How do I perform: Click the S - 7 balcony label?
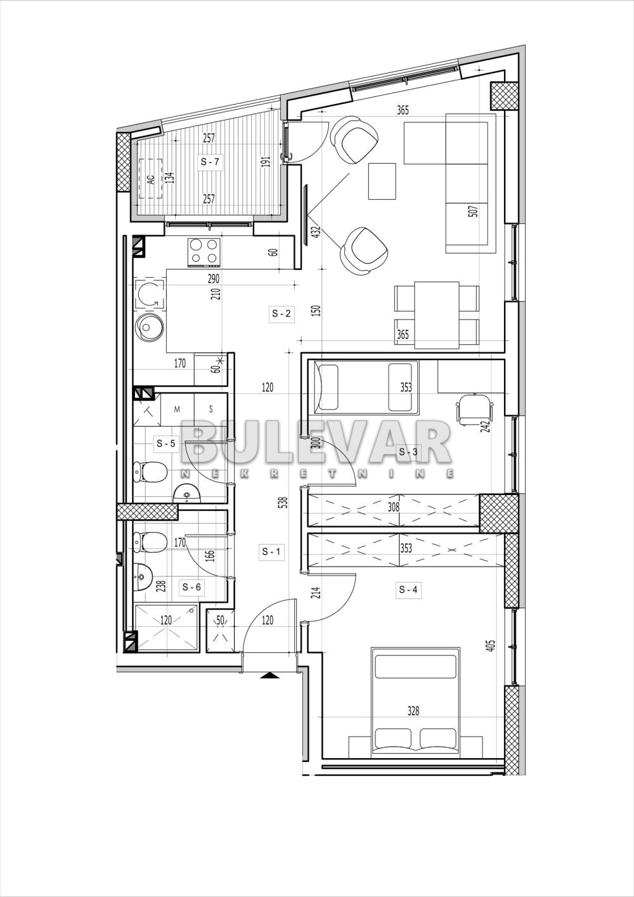click(210, 162)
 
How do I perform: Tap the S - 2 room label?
click(281, 313)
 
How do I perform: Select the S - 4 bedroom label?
click(408, 590)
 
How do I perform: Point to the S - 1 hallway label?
click(271, 552)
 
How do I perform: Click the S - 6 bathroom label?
click(191, 587)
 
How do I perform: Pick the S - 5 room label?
click(165, 444)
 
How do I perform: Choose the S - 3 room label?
click(408, 452)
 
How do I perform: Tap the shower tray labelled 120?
click(166, 628)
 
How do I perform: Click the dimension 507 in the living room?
click(472, 211)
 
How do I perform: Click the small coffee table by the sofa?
click(382, 181)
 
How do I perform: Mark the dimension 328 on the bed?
click(413, 711)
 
